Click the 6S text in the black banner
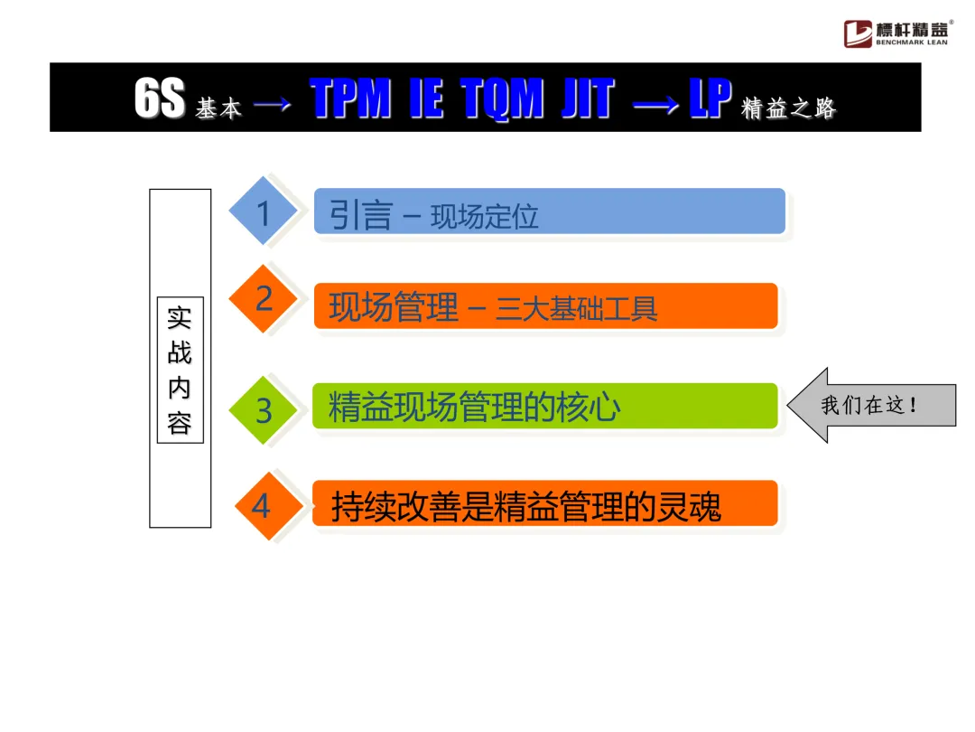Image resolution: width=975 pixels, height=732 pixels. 160,99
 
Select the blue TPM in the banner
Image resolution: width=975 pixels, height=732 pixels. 350,99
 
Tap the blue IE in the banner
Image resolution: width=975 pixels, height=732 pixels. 426,99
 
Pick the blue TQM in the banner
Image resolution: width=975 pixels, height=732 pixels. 502,99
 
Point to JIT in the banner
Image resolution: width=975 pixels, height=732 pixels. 587,99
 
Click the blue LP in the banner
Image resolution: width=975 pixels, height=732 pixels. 710,99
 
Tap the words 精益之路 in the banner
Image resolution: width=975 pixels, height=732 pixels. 788,108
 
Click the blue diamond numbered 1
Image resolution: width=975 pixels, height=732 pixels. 263,211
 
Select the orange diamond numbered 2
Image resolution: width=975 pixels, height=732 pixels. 264,298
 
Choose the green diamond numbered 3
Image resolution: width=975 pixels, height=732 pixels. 264,409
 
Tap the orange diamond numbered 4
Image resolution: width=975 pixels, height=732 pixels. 262,505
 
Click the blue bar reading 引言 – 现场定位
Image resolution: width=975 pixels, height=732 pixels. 549,212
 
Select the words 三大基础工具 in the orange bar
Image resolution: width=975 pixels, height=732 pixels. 576,309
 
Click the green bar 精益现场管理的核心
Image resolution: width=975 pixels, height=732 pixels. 544,407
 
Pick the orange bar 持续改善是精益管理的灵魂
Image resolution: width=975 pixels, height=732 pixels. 544,504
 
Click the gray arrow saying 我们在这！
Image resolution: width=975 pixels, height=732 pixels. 869,405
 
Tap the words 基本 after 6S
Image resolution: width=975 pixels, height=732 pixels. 218,109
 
